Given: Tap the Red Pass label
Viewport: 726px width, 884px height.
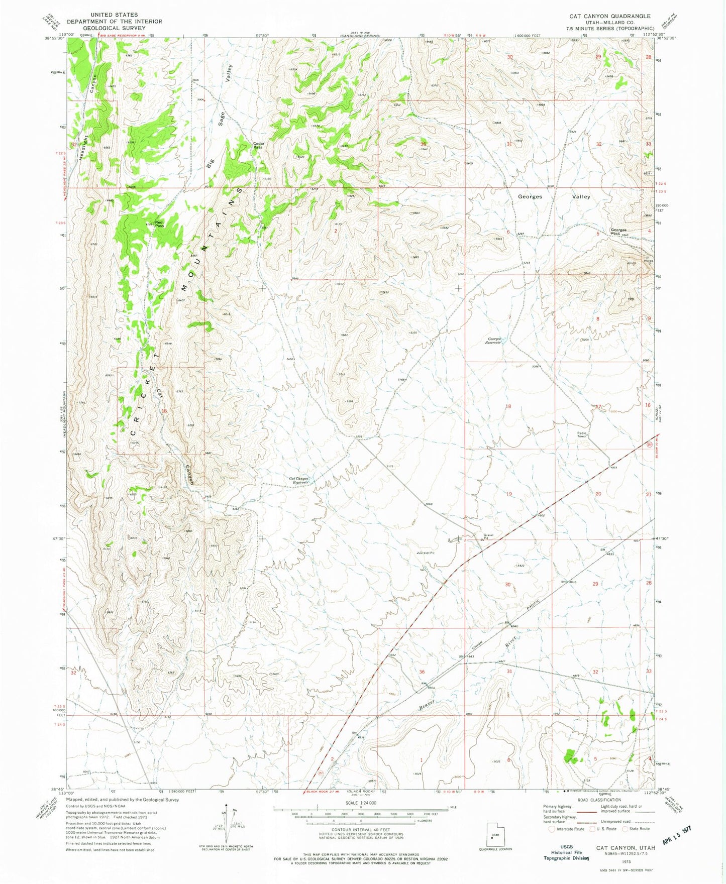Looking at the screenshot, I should pyautogui.click(x=159, y=224).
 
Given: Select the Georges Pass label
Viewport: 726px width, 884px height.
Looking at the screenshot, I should pyautogui.click(x=618, y=232).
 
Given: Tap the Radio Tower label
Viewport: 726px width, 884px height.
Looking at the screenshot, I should pyautogui.click(x=582, y=434).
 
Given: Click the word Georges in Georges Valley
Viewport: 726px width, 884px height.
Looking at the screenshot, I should pyautogui.click(x=530, y=197).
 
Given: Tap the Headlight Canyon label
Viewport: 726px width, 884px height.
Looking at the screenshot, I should pyautogui.click(x=88, y=116).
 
